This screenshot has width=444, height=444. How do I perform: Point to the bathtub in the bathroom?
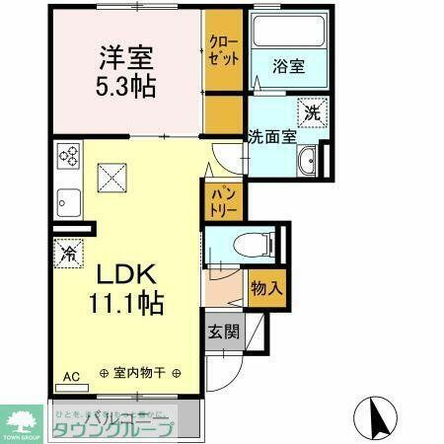point(288,35)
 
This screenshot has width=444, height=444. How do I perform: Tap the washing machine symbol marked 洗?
point(314,111)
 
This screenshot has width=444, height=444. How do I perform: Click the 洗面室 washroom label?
point(271,137)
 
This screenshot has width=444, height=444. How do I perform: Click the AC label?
point(71,376)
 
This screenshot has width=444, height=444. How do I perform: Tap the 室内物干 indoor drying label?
point(139,374)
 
